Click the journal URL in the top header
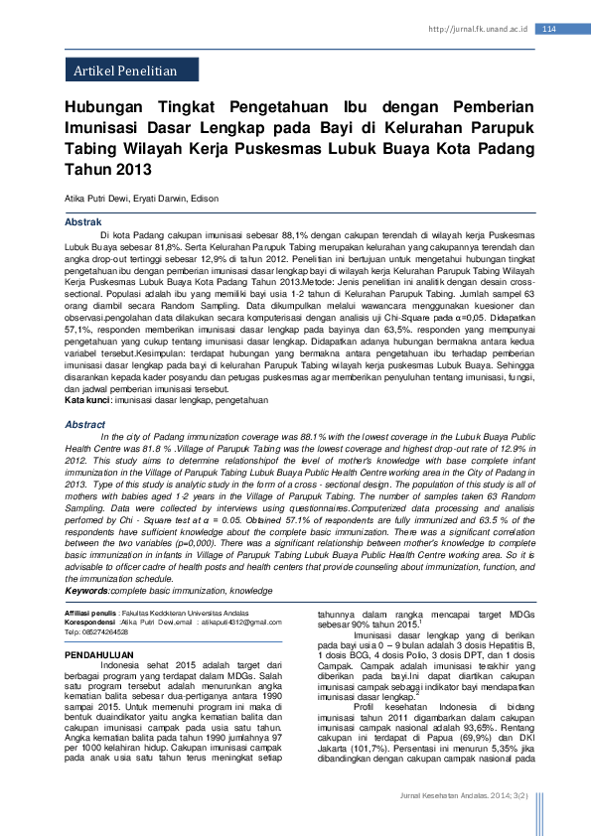478,30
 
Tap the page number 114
549,30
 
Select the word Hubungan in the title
103,108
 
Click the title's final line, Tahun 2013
106,169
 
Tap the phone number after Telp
107,631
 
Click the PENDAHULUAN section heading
98,656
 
